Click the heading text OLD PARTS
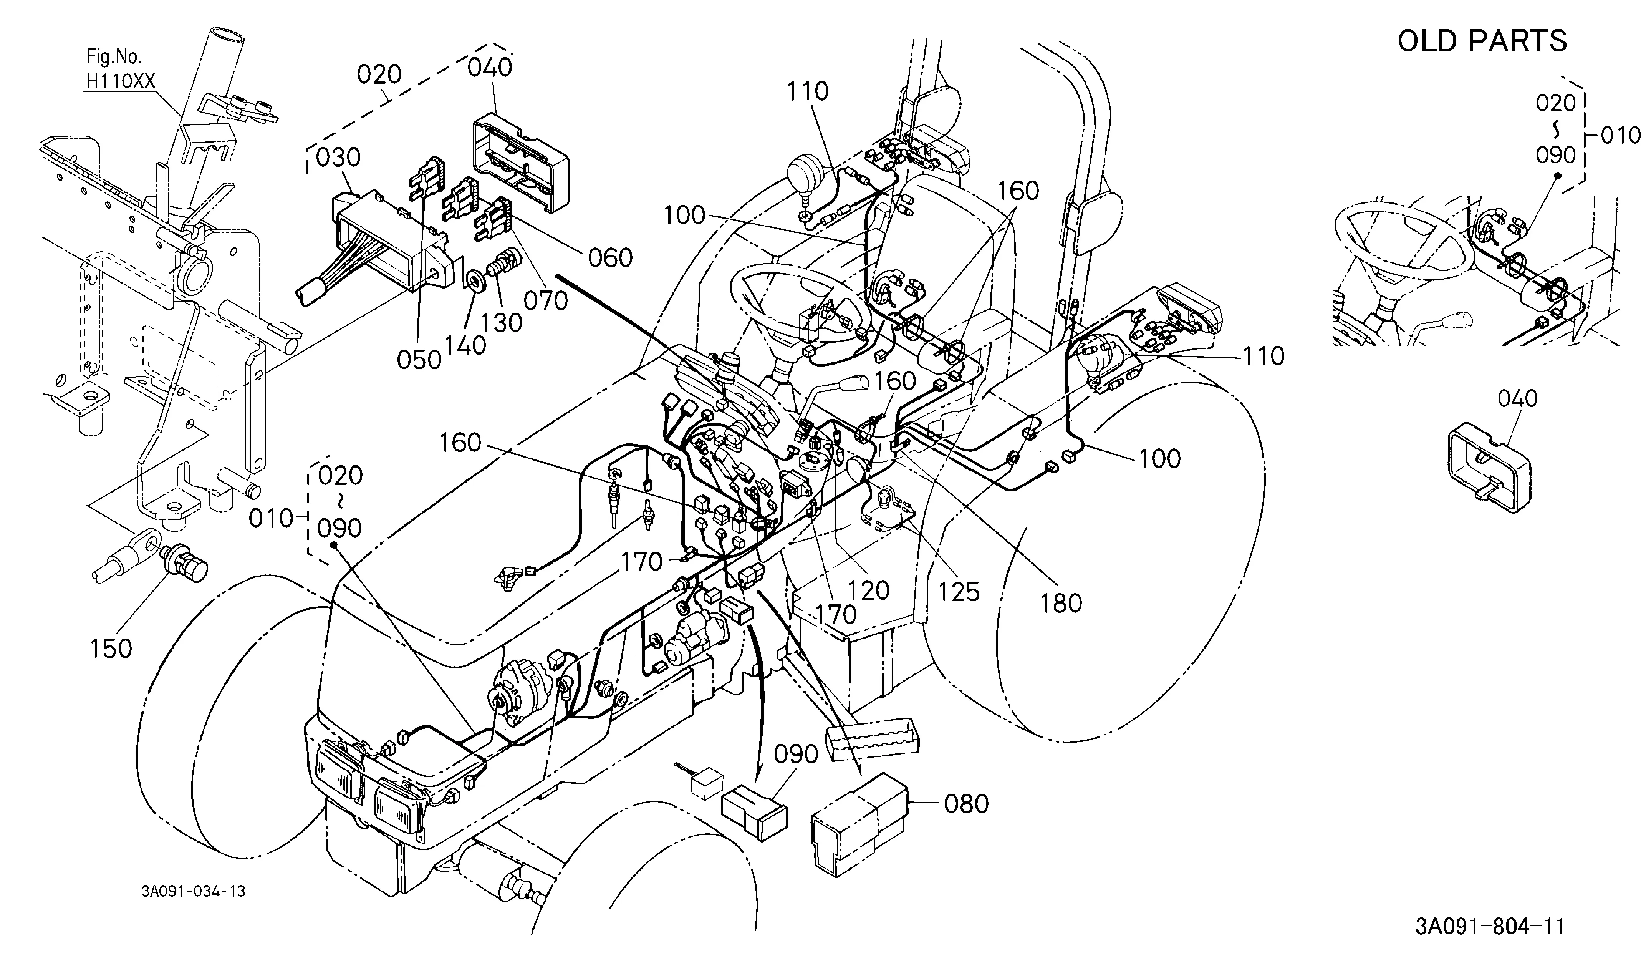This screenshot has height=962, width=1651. pos(1482,41)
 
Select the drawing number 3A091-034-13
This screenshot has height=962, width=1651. pos(193,891)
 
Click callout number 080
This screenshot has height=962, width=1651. pos(966,803)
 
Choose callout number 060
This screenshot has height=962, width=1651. pos(610,257)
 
